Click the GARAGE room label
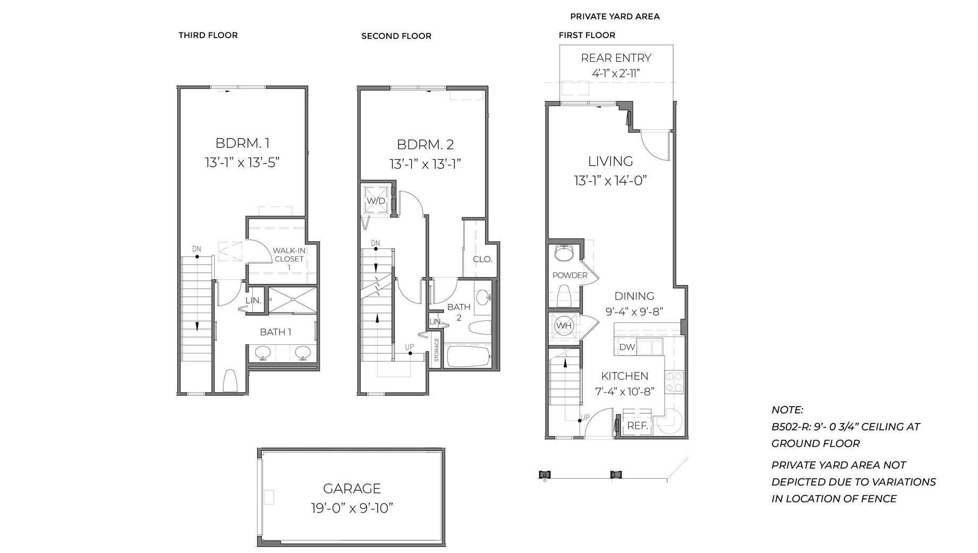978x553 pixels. point(352,488)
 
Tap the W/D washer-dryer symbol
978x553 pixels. point(376,201)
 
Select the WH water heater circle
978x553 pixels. point(563,325)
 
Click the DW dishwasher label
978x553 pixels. point(627,347)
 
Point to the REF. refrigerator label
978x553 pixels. point(637,426)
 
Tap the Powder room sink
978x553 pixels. point(564,253)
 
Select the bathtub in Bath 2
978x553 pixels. point(468,356)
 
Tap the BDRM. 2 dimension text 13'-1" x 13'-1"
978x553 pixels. point(424,164)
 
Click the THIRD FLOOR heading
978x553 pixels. point(208,35)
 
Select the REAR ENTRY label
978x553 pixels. point(616,58)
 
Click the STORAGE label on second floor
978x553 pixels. point(437,350)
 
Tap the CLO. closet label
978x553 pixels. point(482,260)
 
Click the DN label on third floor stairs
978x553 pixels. point(197,249)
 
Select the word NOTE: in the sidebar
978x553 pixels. point(787,410)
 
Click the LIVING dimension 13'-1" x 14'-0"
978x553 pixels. point(610,180)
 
